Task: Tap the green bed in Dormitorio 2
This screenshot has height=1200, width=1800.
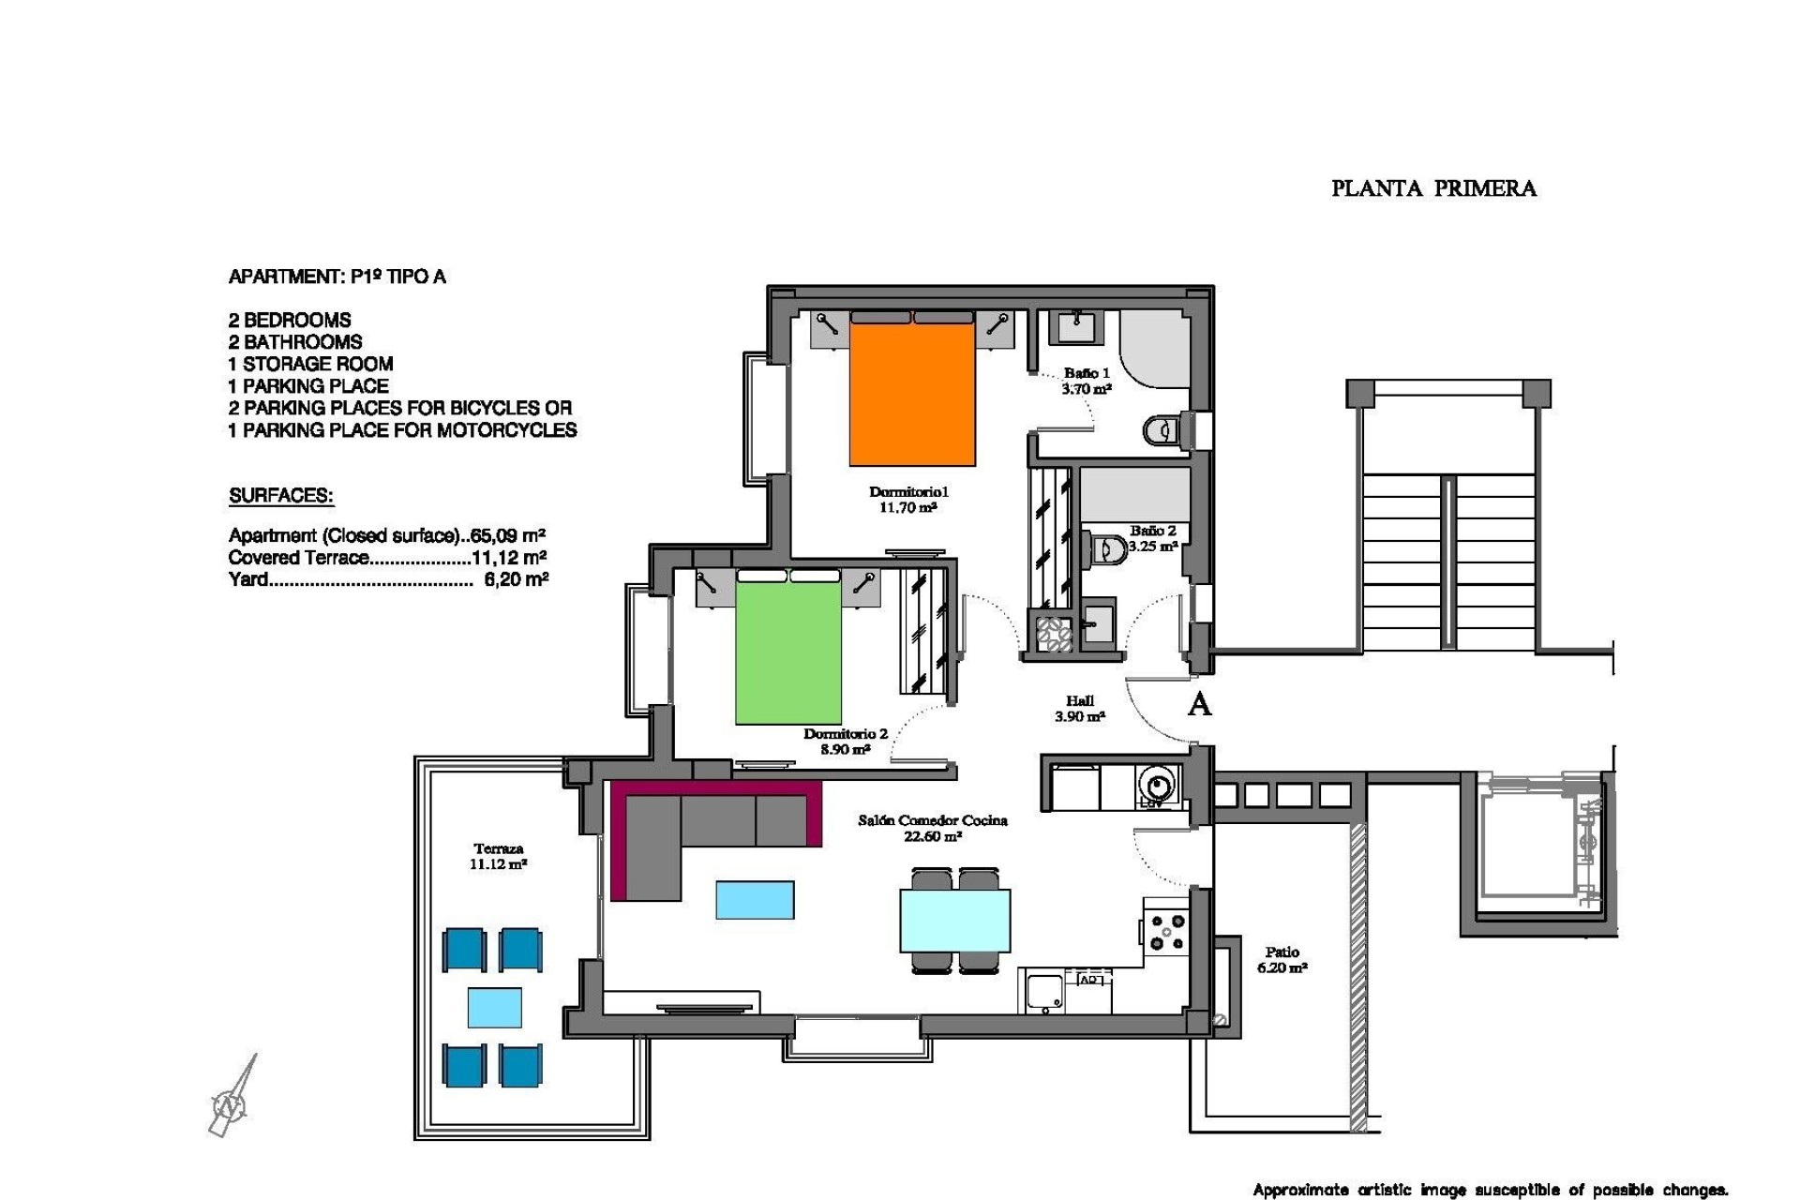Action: pyautogui.click(x=787, y=654)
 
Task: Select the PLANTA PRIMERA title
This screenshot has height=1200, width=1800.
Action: pyautogui.click(x=1433, y=188)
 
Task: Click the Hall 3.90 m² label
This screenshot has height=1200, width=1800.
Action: pyautogui.click(x=1079, y=709)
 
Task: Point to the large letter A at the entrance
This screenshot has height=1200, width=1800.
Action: pyautogui.click(x=1198, y=705)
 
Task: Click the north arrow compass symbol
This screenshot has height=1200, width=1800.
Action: pyautogui.click(x=232, y=1099)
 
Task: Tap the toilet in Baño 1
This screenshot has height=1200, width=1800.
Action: pyautogui.click(x=1162, y=430)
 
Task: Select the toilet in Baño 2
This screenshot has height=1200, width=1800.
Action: pyautogui.click(x=1109, y=547)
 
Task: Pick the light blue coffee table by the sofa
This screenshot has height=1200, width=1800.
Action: pyautogui.click(x=755, y=900)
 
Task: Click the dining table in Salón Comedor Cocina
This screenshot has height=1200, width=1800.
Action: pyautogui.click(x=954, y=921)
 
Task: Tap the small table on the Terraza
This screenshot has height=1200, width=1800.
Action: pyautogui.click(x=494, y=1008)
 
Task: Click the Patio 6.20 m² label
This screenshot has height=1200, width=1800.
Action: pyautogui.click(x=1282, y=960)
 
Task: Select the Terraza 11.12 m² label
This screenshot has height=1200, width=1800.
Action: pyautogui.click(x=498, y=857)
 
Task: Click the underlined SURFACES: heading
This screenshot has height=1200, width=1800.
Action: pyautogui.click(x=280, y=496)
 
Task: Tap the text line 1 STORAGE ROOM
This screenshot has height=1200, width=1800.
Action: pyautogui.click(x=310, y=364)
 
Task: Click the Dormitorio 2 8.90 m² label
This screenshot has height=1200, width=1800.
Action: pyautogui.click(x=845, y=742)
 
